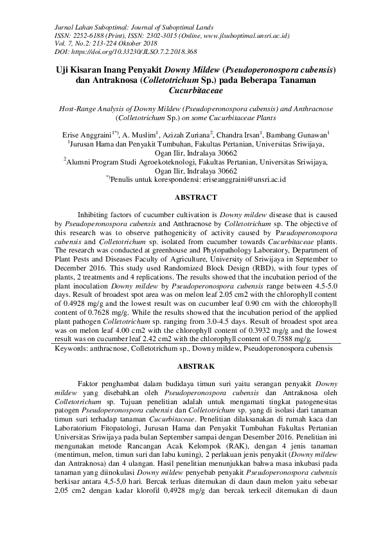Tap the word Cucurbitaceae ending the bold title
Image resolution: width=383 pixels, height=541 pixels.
[x=191, y=91]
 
